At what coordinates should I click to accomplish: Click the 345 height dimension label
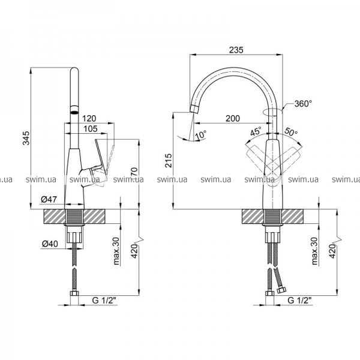pyautogui.click(x=27, y=138)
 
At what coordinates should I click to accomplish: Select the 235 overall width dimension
pyautogui.click(x=236, y=50)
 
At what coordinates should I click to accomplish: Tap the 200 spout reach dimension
pyautogui.click(x=233, y=118)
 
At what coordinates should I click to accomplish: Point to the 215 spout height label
pyautogui.click(x=168, y=161)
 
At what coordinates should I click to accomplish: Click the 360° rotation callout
pyautogui.click(x=303, y=104)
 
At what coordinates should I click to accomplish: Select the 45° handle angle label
pyautogui.click(x=256, y=131)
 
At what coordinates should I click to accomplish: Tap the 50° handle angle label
pyautogui.click(x=291, y=131)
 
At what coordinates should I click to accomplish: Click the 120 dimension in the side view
pyautogui.click(x=89, y=119)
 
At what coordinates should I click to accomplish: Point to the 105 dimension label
pyautogui.click(x=91, y=129)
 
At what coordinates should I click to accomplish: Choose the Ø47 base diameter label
pyautogui.click(x=49, y=199)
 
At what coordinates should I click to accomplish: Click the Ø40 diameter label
pyautogui.click(x=50, y=244)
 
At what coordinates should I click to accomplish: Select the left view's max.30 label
pyautogui.click(x=116, y=251)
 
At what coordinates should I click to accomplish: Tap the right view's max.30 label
pyautogui.click(x=314, y=251)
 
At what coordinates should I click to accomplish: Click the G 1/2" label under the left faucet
pyautogui.click(x=104, y=300)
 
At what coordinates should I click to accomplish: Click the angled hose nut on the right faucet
pyautogui.click(x=281, y=290)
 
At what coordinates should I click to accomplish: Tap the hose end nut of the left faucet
pyautogui.click(x=74, y=293)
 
